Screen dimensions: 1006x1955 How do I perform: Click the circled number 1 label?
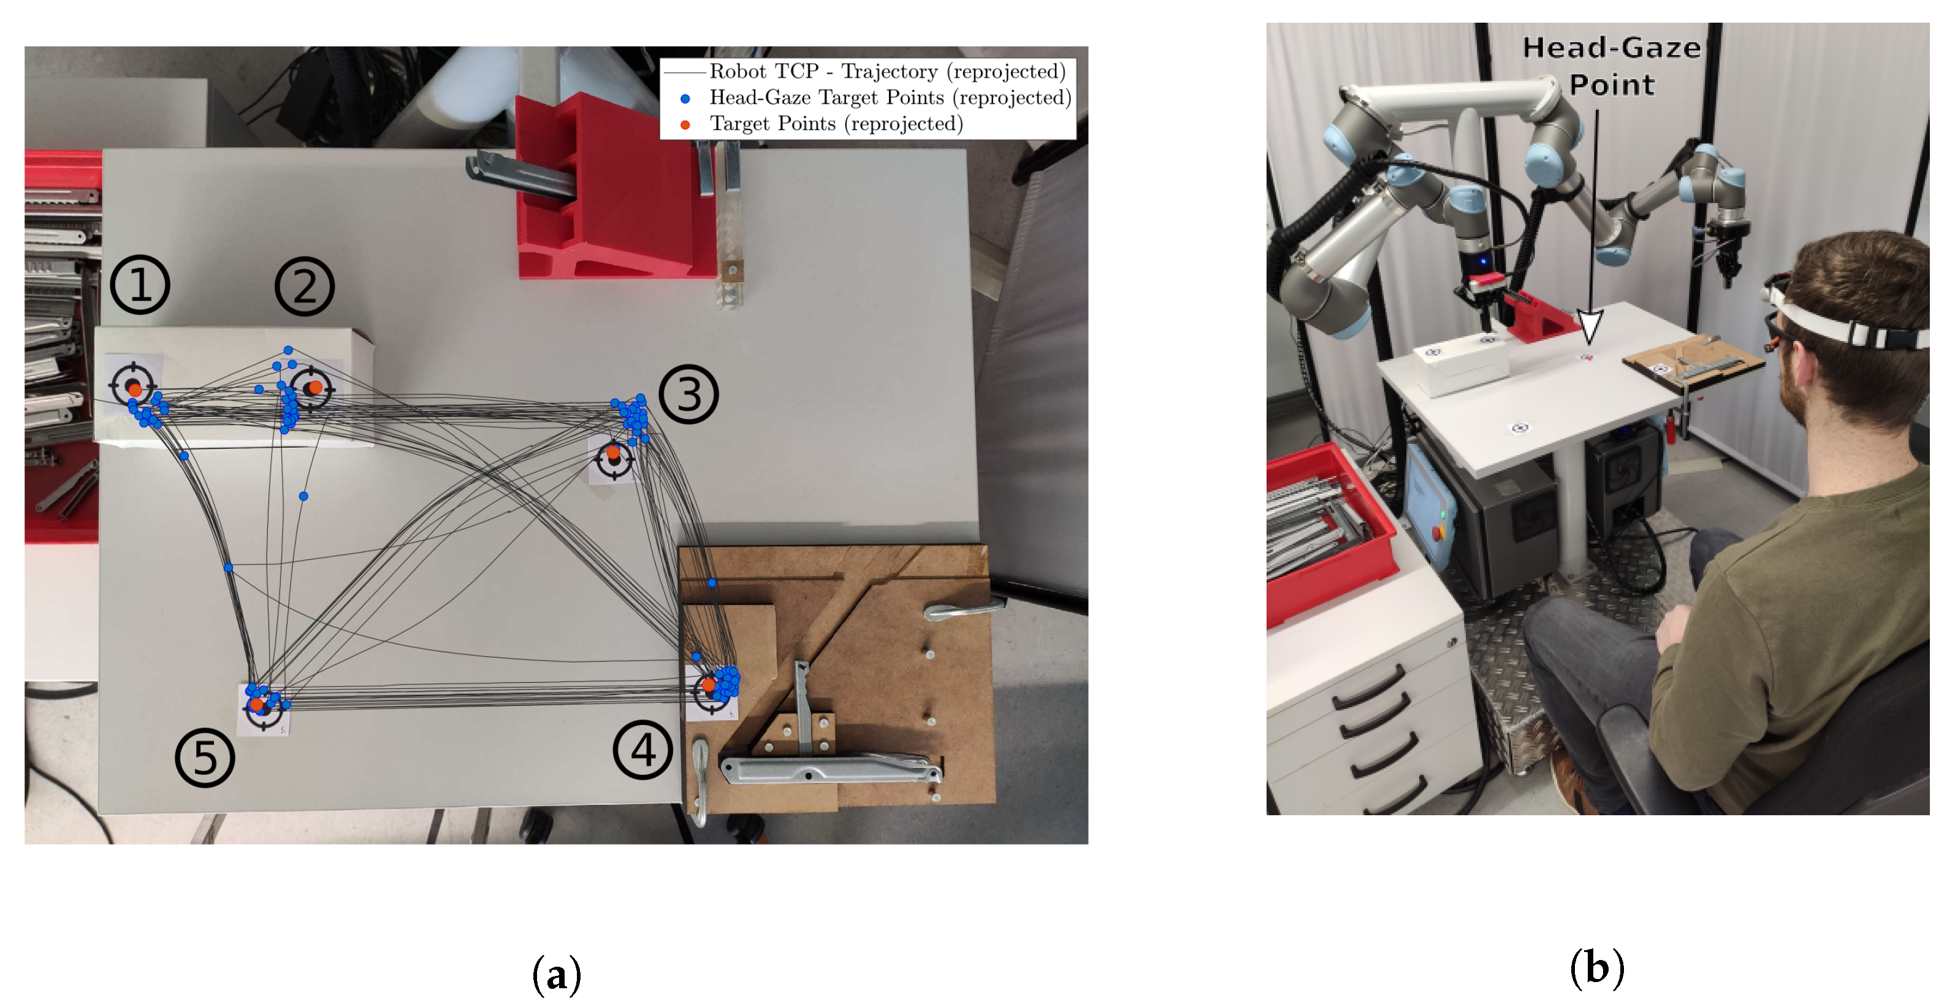140,285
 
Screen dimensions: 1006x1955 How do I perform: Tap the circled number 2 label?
304,287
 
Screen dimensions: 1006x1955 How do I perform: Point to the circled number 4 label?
643,750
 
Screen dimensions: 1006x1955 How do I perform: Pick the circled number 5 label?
205,758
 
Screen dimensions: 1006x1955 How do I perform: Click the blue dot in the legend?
685,99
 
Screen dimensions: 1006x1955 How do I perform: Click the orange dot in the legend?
685,125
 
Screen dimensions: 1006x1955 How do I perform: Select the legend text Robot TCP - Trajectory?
887,71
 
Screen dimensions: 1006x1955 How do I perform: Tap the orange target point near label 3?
613,453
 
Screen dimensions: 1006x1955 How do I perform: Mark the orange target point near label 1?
135,390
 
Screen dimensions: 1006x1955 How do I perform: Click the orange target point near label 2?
316,387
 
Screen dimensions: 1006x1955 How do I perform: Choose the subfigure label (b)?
1597,968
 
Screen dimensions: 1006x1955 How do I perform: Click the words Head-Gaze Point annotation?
1610,66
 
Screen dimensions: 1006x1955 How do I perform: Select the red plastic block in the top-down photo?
615,190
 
